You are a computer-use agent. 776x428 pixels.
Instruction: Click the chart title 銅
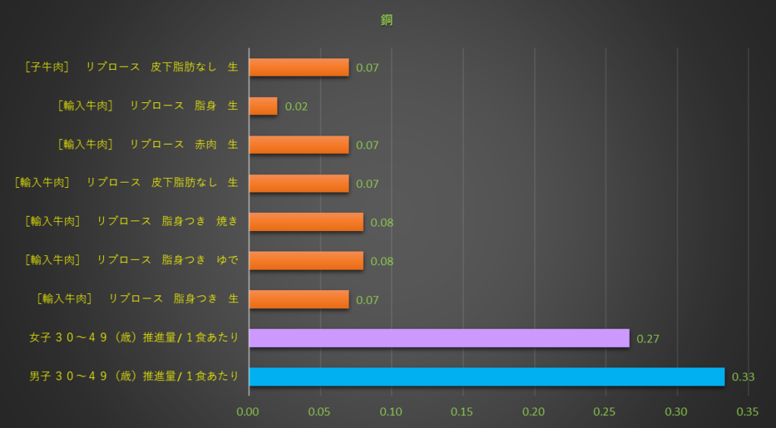(x=386, y=20)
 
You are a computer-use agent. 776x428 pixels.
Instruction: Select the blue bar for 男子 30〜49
(x=487, y=376)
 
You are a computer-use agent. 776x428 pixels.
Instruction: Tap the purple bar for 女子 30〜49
(x=439, y=338)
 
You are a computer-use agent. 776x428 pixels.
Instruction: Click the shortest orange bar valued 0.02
(x=263, y=106)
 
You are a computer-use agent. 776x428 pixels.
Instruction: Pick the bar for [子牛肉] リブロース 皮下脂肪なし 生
(x=299, y=67)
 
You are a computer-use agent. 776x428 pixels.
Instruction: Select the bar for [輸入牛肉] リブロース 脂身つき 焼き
(x=305, y=222)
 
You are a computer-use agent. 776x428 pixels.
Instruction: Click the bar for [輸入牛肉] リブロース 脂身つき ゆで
(x=305, y=261)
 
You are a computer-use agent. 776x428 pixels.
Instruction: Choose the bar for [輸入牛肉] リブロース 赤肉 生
(x=299, y=145)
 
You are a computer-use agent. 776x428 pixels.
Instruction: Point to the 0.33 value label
(x=743, y=376)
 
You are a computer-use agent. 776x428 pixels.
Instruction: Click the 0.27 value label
(x=648, y=339)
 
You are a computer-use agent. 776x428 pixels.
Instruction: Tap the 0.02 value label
(x=296, y=107)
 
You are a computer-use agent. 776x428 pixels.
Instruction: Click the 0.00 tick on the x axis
(x=249, y=413)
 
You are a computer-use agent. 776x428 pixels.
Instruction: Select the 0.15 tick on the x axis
(x=462, y=413)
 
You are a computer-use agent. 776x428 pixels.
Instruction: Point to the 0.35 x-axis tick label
(x=747, y=413)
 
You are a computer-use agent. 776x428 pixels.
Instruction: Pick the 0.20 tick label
(x=534, y=413)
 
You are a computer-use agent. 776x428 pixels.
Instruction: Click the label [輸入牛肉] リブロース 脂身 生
(x=148, y=106)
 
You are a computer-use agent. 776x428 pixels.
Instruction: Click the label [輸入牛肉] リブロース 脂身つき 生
(x=137, y=299)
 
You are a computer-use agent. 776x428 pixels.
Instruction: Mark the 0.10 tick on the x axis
(x=391, y=413)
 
